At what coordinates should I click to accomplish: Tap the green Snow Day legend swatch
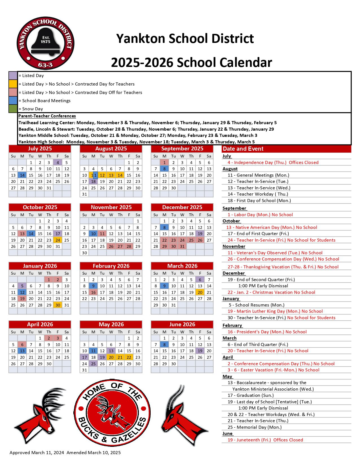pos(13,109)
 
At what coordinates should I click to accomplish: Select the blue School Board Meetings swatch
pos(13,100)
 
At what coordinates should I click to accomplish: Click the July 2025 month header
pos(40,149)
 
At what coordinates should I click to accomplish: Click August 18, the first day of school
pos(93,181)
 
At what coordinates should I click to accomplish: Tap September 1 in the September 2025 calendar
pos(164,163)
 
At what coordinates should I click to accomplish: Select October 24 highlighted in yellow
pos(58,240)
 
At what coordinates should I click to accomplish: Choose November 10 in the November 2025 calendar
pos(93,234)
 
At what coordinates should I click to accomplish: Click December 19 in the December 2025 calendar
pos(200,234)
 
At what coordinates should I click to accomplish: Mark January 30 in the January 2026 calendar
pos(58,305)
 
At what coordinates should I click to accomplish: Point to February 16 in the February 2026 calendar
pos(93,292)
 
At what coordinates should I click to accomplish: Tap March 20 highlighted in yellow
pos(200,292)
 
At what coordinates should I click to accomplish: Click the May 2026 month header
pos(111,325)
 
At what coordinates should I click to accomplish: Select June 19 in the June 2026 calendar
pos(200,351)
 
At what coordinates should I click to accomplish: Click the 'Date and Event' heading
pos(243,149)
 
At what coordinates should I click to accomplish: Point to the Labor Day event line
pos(260,215)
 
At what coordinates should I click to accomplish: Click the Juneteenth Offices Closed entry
pos(265,440)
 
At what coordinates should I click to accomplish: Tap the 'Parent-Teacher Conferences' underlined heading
pos(47,116)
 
